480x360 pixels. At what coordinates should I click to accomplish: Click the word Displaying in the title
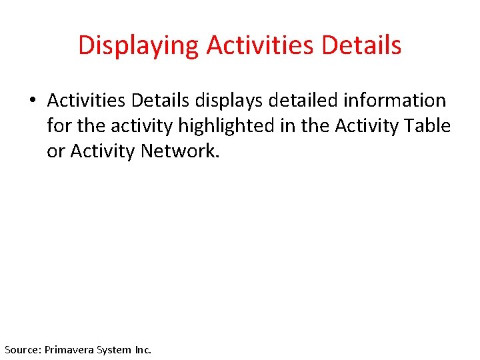139,45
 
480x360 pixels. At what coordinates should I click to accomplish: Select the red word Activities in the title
262,45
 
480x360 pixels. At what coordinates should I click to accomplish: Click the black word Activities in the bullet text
87,100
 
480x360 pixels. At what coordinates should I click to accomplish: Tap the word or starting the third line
56,151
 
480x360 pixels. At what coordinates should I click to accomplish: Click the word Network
179,151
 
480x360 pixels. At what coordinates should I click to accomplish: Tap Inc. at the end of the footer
143,349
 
